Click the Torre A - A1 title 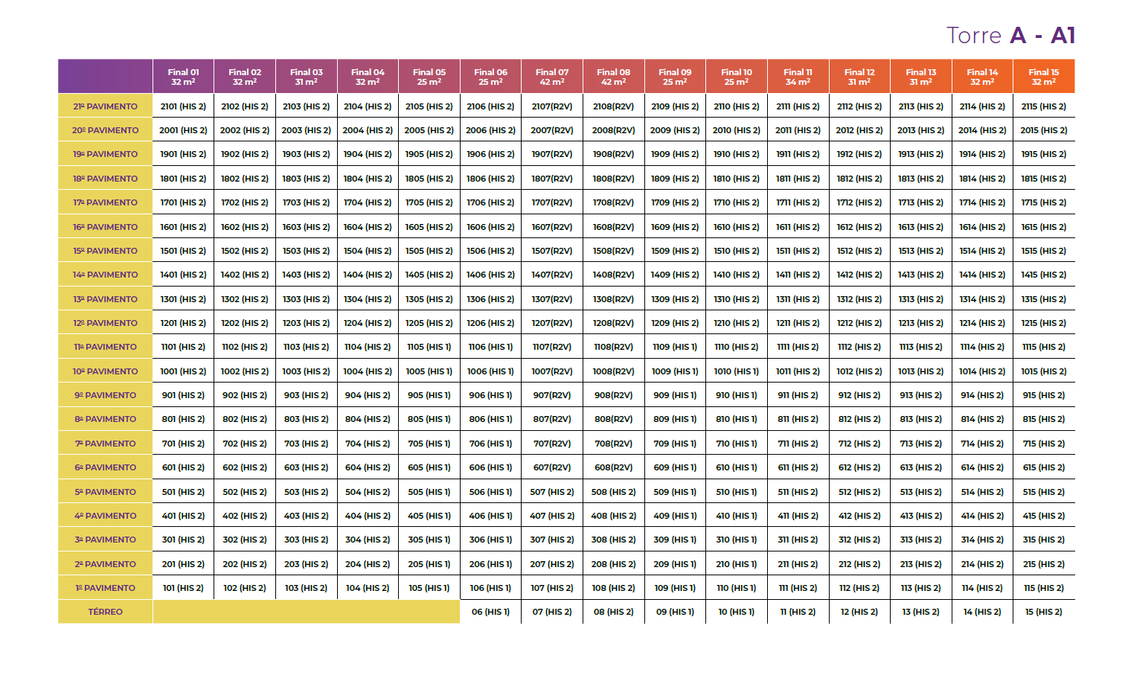pyautogui.click(x=1010, y=35)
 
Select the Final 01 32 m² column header pyautogui.click(x=183, y=77)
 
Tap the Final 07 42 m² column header pyautogui.click(x=552, y=77)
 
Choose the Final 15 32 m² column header pyautogui.click(x=1043, y=77)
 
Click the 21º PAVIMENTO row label pyautogui.click(x=106, y=106)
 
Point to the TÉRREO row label pyautogui.click(x=106, y=612)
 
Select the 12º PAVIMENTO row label pyautogui.click(x=106, y=323)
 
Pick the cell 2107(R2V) pyautogui.click(x=552, y=106)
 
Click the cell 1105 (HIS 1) pyautogui.click(x=429, y=347)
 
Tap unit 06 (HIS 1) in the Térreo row pyautogui.click(x=490, y=612)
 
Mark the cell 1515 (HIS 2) pyautogui.click(x=1043, y=251)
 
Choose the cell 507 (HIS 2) pyautogui.click(x=552, y=492)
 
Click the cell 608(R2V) pyautogui.click(x=613, y=467)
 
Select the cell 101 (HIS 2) pyautogui.click(x=183, y=588)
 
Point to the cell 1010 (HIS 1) pyautogui.click(x=736, y=371)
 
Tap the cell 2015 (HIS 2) pyautogui.click(x=1043, y=130)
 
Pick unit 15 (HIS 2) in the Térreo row pyautogui.click(x=1043, y=612)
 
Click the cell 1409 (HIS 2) pyautogui.click(x=675, y=275)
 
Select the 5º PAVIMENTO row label pyautogui.click(x=106, y=492)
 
